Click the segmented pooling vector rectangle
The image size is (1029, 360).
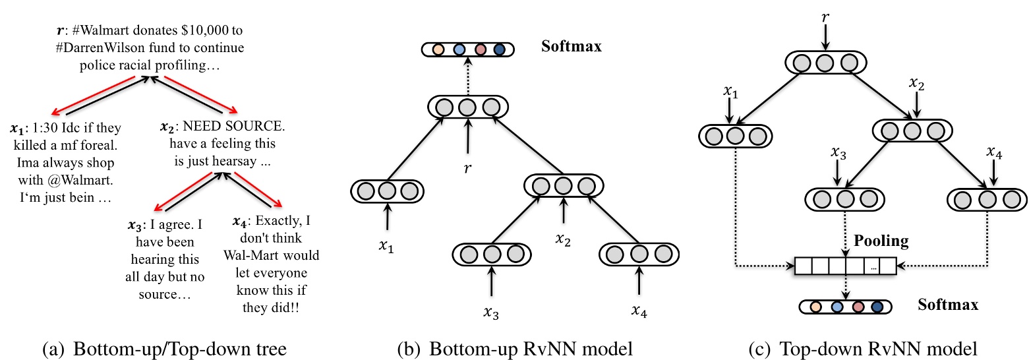coord(846,266)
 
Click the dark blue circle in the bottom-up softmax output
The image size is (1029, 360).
coord(498,49)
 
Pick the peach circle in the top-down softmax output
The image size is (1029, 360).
coord(816,307)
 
